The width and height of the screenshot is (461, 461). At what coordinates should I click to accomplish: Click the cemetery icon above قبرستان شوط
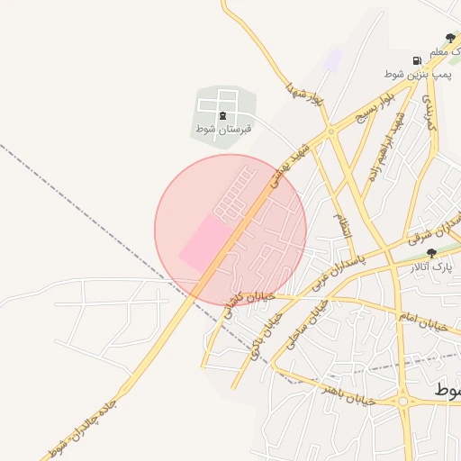222,116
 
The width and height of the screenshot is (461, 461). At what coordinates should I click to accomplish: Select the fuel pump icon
416,60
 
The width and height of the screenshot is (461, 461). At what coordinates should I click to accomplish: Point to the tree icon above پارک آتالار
431,253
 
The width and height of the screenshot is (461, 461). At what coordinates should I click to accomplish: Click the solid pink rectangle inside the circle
203,243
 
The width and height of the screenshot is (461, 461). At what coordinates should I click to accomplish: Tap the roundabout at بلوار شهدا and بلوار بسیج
330,131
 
